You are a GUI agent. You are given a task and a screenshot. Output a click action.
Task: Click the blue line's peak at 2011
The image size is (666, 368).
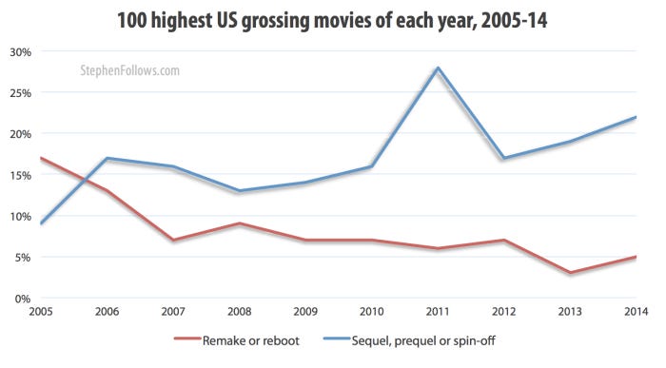[438, 68]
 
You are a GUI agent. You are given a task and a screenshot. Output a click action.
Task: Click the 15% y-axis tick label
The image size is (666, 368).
[18, 175]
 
